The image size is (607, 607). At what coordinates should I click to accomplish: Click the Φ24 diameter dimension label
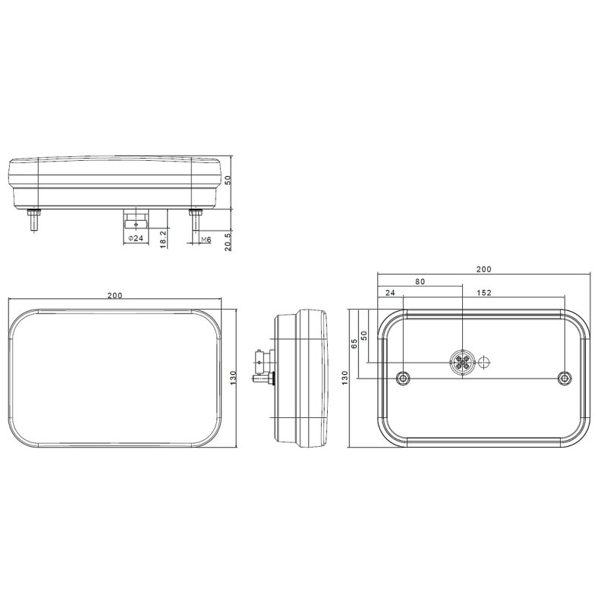pos(136,238)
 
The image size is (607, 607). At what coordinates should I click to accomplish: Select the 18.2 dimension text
pos(163,239)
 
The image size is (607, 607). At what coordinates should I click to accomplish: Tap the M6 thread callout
pos(206,240)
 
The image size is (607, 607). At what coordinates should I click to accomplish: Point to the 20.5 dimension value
pos(228,241)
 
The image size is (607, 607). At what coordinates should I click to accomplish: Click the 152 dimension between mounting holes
pos(484,293)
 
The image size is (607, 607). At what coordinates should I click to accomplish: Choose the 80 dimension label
pos(420,281)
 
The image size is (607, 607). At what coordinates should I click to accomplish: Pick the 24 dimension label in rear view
pos(390,293)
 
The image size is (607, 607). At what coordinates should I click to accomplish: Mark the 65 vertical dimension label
pos(354,344)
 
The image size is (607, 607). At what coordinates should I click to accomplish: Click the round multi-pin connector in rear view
pos(462,363)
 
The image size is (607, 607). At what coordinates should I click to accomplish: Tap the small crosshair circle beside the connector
pos(484,363)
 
